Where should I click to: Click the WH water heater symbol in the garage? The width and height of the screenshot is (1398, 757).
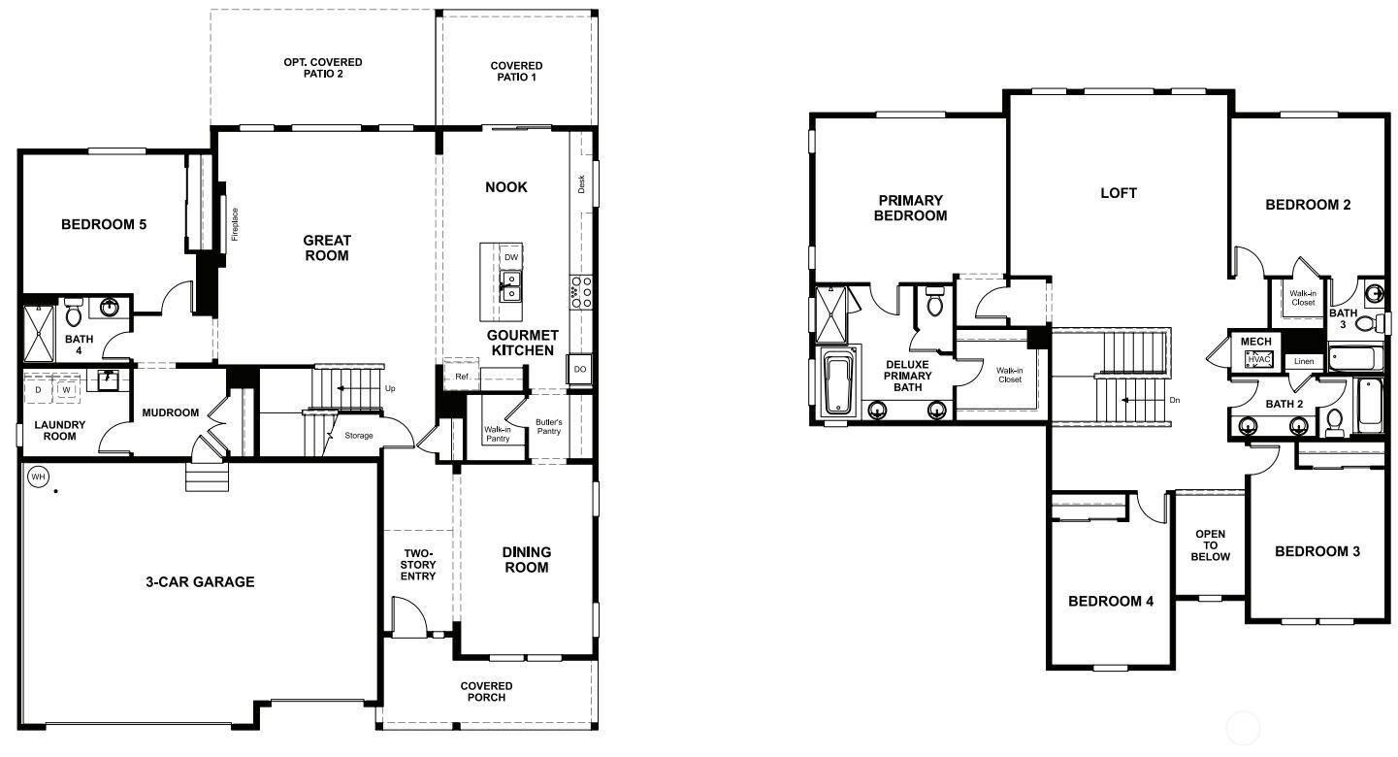point(38,477)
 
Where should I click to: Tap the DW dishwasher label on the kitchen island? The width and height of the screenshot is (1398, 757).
point(511,257)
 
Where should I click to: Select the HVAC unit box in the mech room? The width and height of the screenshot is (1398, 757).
point(1259,359)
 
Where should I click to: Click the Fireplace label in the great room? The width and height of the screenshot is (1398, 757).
point(235,224)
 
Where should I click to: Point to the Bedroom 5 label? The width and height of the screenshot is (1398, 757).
point(104,224)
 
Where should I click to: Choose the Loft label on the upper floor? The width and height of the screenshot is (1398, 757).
point(1119,193)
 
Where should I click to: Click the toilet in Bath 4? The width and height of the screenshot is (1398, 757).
point(74,313)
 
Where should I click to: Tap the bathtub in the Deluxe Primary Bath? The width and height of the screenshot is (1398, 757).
point(837,382)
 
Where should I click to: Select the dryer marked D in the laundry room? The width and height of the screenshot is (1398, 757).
point(38,390)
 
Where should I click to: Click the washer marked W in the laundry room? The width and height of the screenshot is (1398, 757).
point(66,390)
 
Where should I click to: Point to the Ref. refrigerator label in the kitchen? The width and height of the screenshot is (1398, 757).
point(463,377)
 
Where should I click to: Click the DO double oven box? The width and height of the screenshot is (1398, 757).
point(580,369)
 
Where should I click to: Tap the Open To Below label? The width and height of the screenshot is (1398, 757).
point(1210,545)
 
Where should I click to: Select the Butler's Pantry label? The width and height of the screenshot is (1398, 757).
point(548,427)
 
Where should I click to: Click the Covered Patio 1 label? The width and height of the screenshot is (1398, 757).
point(516,71)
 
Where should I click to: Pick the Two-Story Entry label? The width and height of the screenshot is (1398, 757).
point(418,565)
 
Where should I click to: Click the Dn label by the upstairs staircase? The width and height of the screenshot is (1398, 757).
point(1175,401)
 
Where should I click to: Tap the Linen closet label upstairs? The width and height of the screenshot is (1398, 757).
point(1304,361)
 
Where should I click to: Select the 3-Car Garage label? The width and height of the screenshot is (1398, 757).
point(200,582)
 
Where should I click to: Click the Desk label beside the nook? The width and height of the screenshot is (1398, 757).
point(581,184)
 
